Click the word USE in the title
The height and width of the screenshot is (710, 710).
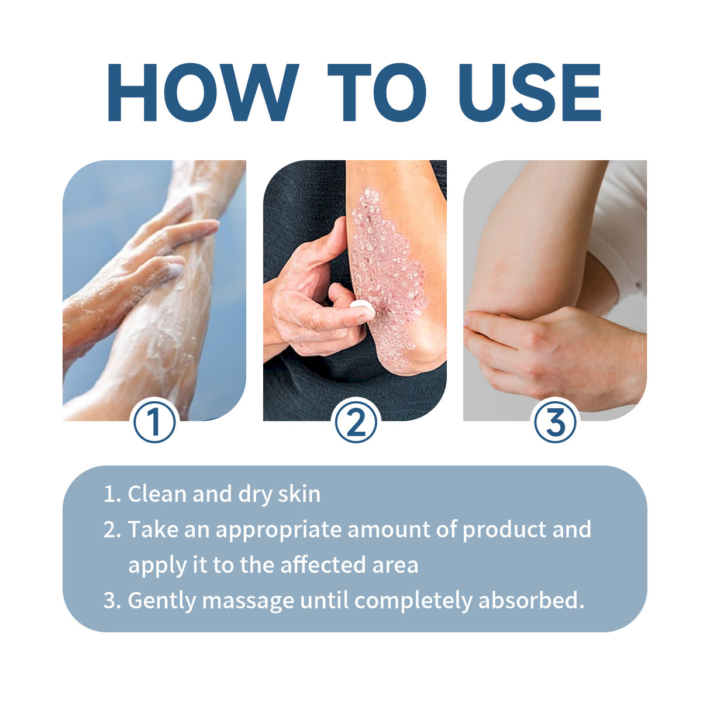point(530,92)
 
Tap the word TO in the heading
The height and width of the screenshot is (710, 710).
point(377,92)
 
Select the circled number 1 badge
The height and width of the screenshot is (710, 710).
point(154,422)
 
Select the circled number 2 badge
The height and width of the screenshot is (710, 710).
point(356,422)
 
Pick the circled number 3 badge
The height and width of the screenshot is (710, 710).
point(555,422)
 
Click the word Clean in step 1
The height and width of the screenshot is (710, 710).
point(157,494)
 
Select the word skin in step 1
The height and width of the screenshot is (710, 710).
point(299,494)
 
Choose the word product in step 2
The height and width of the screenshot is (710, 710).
point(504,530)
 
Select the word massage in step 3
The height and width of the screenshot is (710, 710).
point(248,601)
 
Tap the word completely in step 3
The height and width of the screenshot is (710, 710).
point(413,601)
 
